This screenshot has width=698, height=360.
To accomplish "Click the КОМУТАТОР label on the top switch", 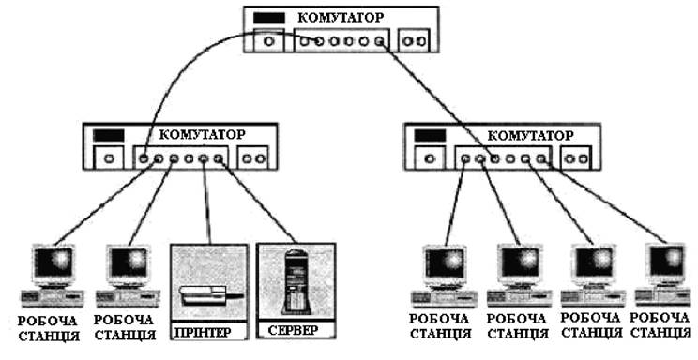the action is (x=341, y=18).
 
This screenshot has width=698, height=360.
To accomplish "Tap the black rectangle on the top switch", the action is (x=269, y=18).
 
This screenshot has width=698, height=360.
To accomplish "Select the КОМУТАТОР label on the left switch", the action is (x=202, y=134).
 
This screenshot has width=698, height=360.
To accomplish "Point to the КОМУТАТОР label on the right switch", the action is (x=531, y=135).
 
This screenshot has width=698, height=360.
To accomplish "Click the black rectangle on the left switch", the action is (x=109, y=135).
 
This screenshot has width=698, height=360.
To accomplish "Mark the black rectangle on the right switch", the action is (x=430, y=136).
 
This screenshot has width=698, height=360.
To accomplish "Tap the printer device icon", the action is (x=211, y=295).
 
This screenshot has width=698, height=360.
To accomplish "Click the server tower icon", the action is (x=296, y=281).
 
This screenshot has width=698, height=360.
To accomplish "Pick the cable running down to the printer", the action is (x=207, y=202).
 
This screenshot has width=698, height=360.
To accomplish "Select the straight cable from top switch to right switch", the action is (x=436, y=99).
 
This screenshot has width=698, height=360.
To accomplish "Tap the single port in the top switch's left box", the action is (x=268, y=41).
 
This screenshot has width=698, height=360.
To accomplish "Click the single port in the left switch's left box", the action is (x=110, y=158).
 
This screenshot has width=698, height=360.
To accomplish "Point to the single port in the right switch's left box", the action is (x=430, y=158).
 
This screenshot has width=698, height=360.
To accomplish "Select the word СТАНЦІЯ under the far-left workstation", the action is (x=49, y=336).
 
